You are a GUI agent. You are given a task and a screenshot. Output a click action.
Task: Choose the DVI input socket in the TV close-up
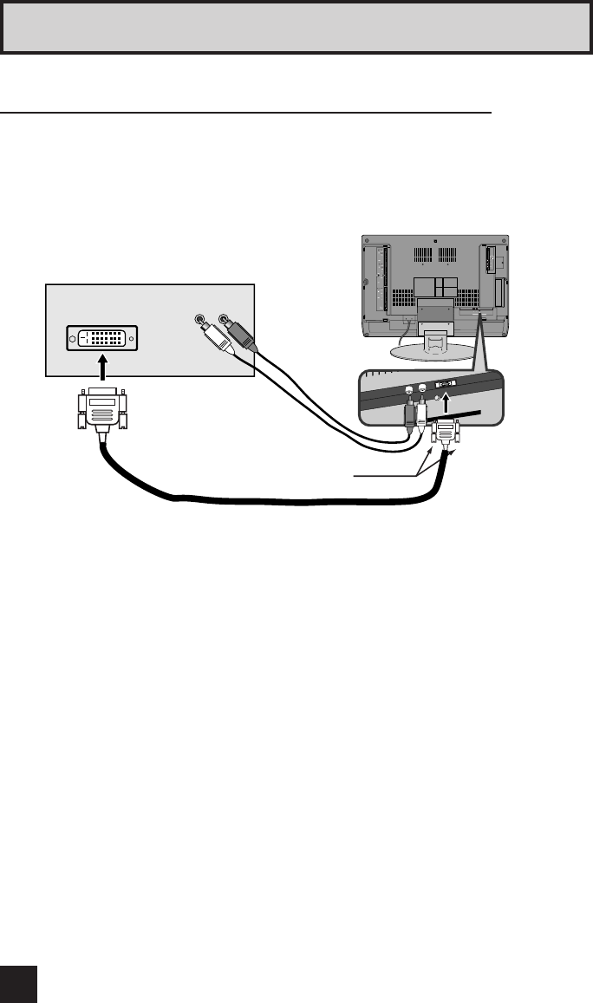tap(445, 384)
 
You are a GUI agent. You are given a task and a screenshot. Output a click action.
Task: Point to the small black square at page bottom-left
tap(18, 983)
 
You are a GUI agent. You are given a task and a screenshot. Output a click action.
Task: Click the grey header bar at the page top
tap(296, 26)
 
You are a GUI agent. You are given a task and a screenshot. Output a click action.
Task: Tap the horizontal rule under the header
tap(246, 112)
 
